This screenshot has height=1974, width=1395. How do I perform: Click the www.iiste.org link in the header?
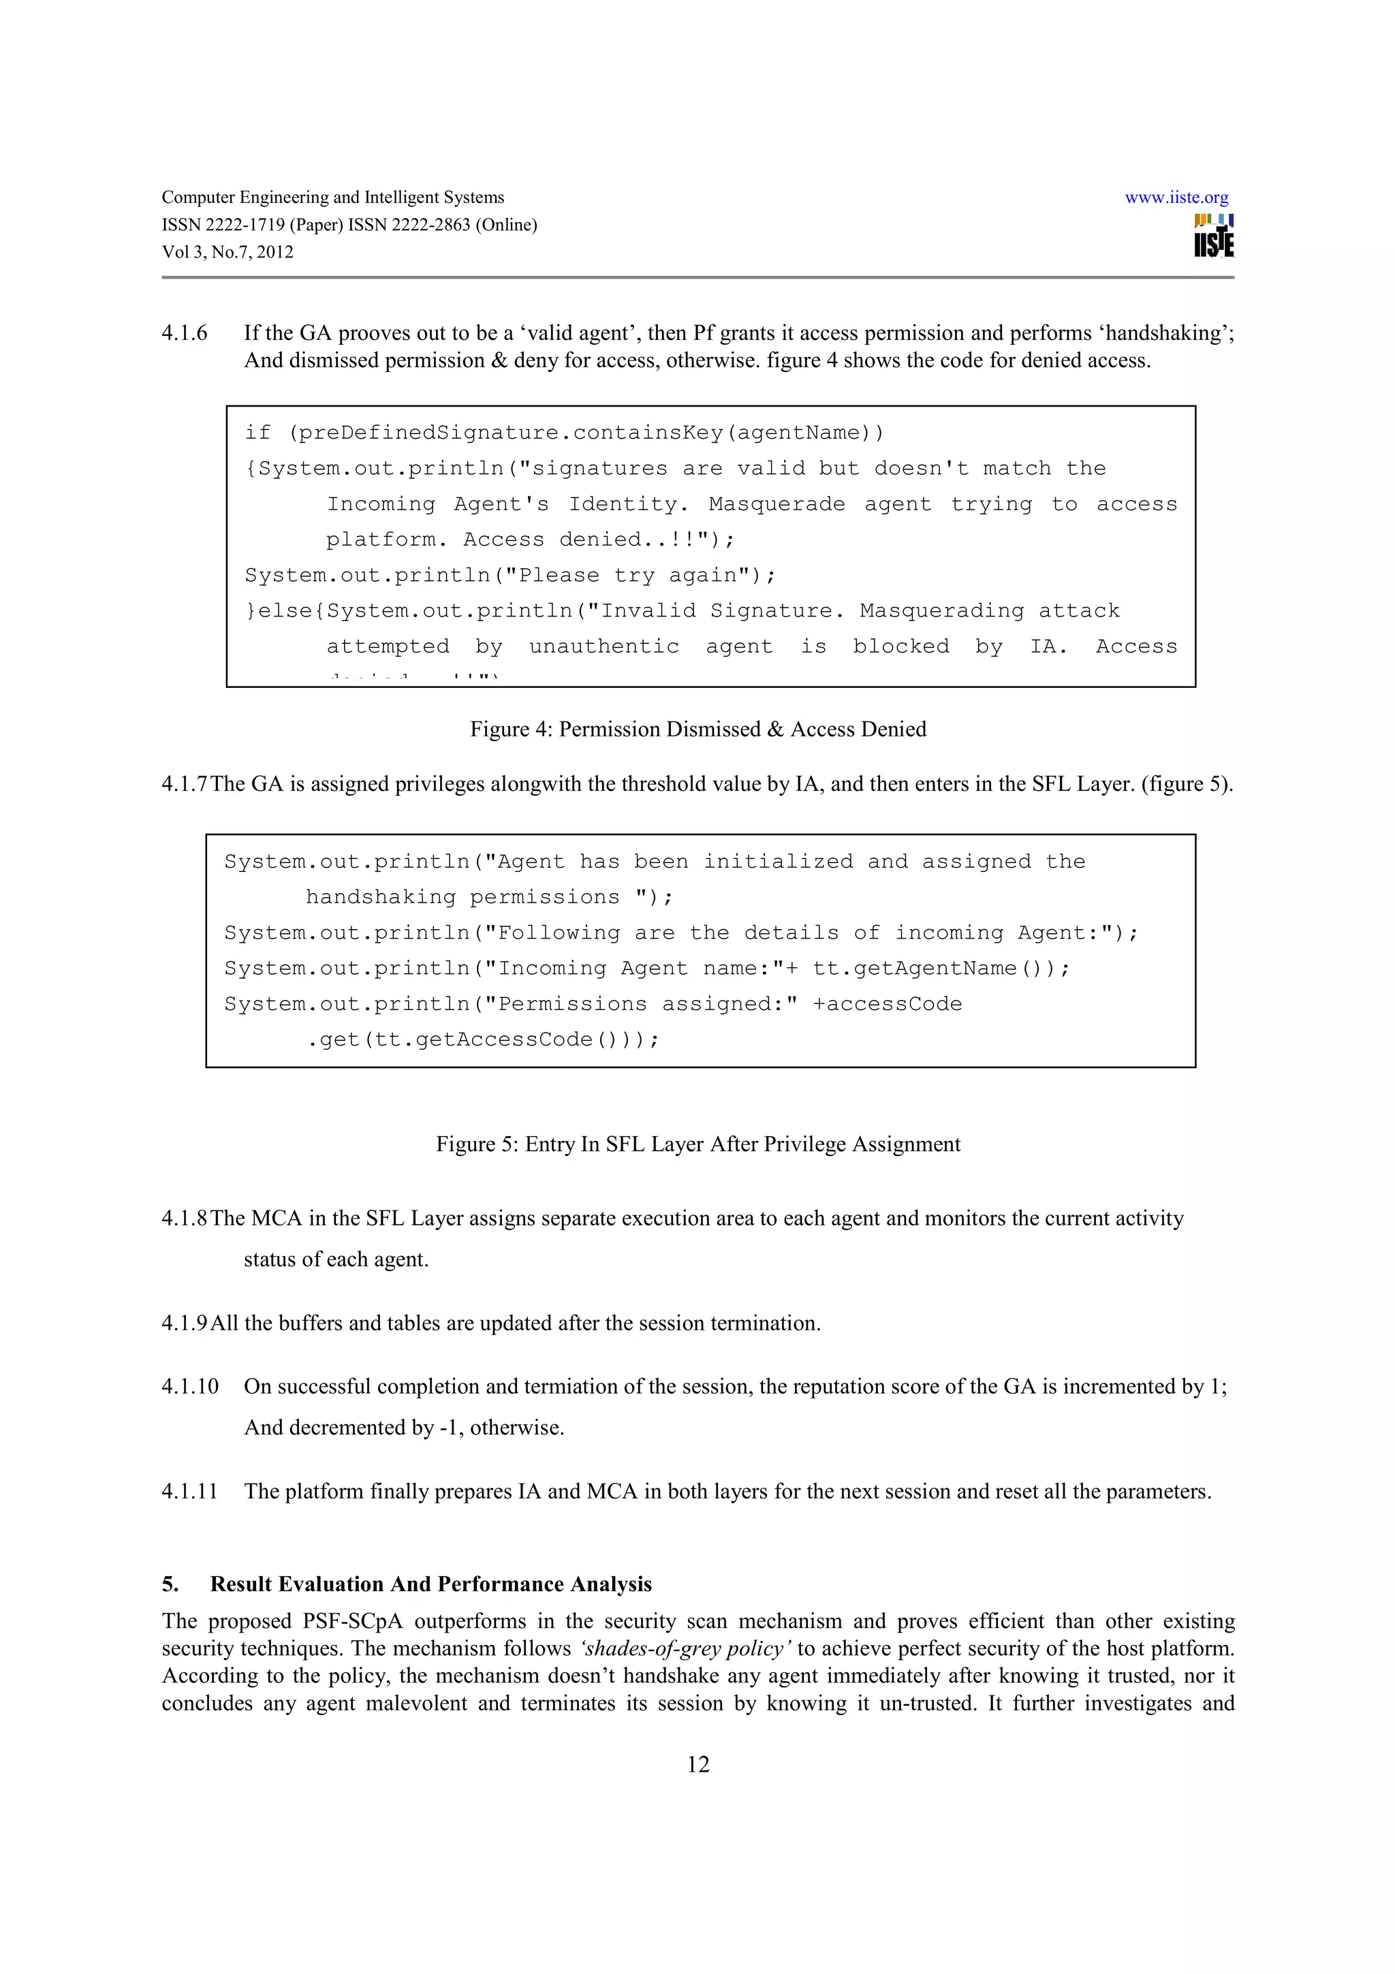1176,198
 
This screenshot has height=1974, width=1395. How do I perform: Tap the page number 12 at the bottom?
698,1764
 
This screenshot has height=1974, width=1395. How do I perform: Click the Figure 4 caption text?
698,729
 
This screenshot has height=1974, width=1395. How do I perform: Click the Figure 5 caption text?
698,1144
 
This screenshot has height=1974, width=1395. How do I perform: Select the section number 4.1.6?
184,334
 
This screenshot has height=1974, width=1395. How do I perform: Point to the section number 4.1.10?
190,1386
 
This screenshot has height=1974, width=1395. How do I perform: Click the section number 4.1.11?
190,1491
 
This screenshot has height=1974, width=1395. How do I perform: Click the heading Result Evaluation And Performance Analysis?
430,1584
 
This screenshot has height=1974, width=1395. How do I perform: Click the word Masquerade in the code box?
776,504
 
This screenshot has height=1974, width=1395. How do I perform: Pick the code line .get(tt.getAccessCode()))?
483,1040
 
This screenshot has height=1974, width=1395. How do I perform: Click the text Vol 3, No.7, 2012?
228,253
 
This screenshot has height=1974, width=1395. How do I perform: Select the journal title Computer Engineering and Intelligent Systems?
332,198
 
